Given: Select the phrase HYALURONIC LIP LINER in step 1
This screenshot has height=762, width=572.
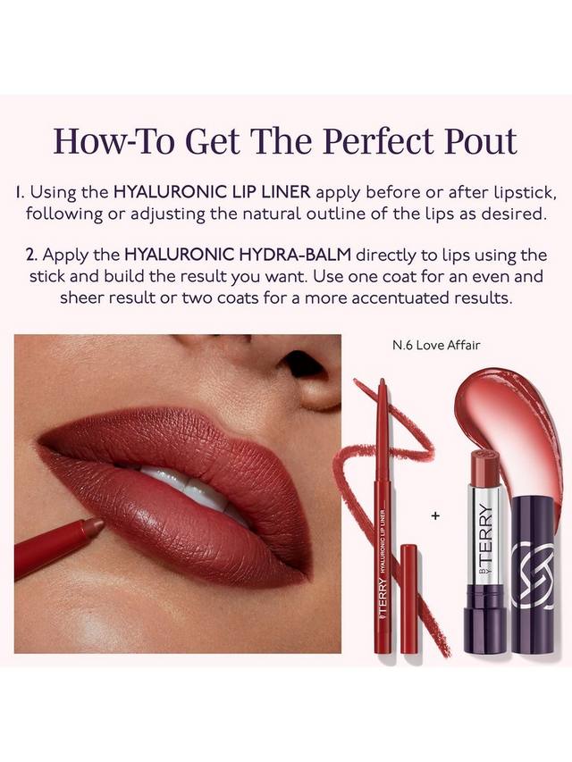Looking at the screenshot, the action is pyautogui.click(x=212, y=192).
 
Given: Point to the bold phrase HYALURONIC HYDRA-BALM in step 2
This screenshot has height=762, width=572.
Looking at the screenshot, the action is pyautogui.click(x=238, y=255).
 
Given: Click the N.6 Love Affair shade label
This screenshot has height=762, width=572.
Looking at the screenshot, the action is pyautogui.click(x=436, y=345).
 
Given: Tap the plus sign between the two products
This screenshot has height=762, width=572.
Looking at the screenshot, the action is pyautogui.click(x=436, y=515).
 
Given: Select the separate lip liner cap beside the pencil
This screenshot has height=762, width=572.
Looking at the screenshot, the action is pyautogui.click(x=409, y=599).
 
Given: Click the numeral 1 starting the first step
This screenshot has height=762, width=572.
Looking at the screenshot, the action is pyautogui.click(x=19, y=192).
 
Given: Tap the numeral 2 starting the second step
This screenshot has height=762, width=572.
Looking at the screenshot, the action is pyautogui.click(x=31, y=255).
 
